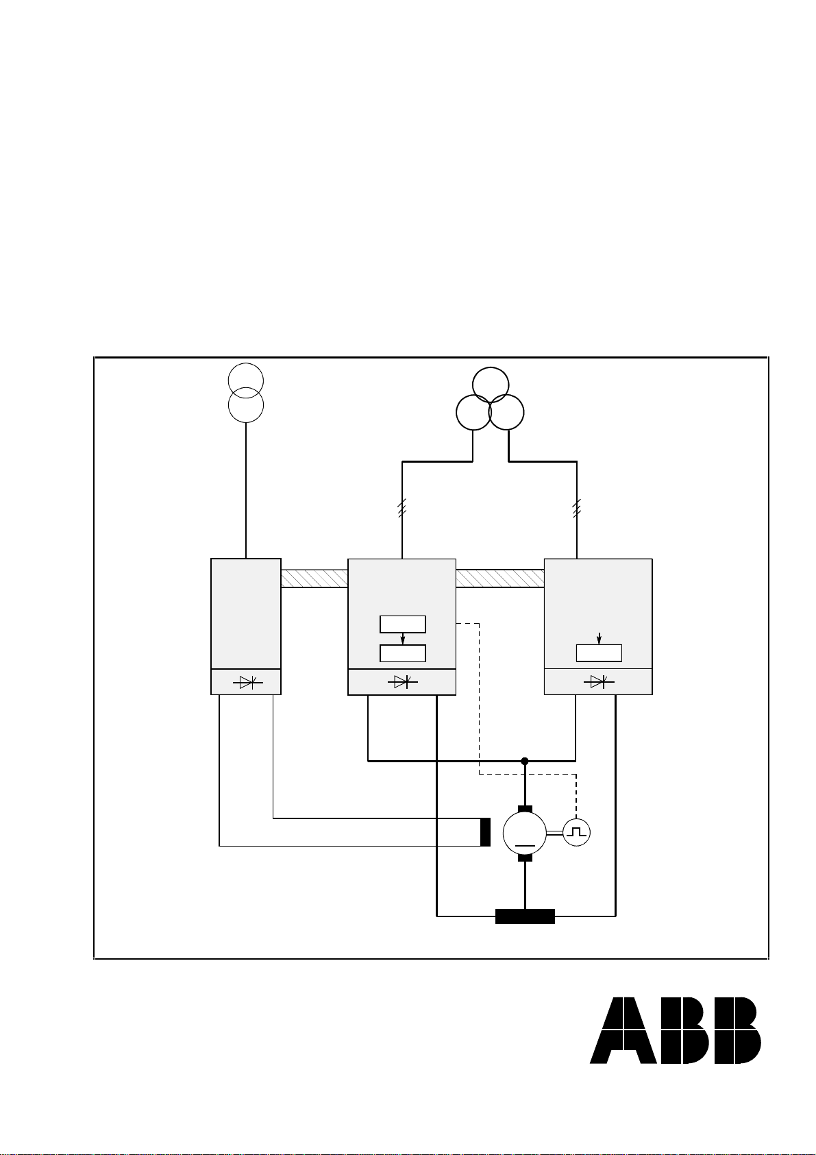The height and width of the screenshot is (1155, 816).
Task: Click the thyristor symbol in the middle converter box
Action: tap(403, 682)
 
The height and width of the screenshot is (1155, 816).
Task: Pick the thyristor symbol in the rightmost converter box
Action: tap(599, 681)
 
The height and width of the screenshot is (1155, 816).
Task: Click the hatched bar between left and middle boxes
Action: tap(314, 579)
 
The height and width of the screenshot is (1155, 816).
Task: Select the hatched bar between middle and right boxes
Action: tap(500, 579)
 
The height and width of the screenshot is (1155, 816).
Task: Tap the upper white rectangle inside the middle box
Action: tap(403, 624)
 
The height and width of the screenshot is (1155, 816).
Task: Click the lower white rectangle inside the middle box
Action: tap(403, 653)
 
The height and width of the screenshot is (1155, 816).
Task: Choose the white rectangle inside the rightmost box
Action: tap(599, 653)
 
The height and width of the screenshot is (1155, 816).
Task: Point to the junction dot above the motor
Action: tap(525, 761)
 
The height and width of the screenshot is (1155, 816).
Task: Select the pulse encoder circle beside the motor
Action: tap(576, 832)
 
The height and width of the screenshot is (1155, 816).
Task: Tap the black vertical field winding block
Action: tap(485, 831)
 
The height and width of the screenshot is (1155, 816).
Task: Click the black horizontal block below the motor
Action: tap(525, 916)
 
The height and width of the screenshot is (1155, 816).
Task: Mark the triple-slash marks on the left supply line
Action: tap(402, 508)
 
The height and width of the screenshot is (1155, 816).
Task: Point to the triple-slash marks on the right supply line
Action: tap(577, 508)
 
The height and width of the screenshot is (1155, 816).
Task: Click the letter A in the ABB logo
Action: tap(623, 1031)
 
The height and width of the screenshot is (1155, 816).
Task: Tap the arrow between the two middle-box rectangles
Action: tap(403, 639)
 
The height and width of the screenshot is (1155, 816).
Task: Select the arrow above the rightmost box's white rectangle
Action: tap(599, 638)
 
